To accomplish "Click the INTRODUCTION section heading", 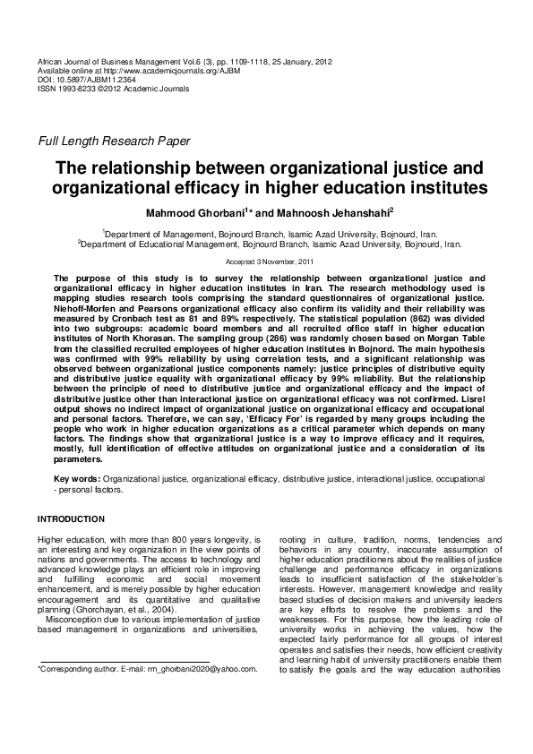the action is point(71,519).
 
